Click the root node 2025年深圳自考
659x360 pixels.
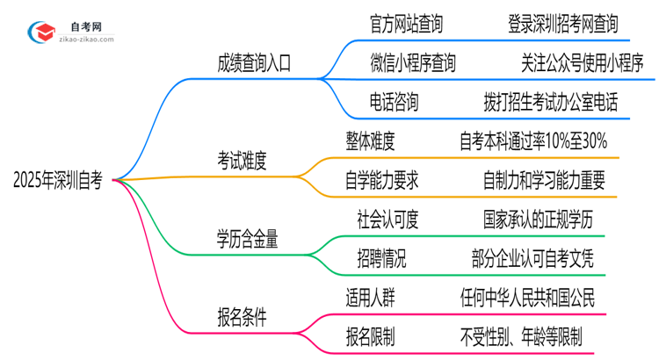[58, 181]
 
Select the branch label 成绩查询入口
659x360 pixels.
[254, 63]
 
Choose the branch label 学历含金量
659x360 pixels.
[248, 238]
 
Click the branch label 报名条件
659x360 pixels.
[242, 316]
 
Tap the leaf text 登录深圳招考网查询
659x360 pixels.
[563, 24]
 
